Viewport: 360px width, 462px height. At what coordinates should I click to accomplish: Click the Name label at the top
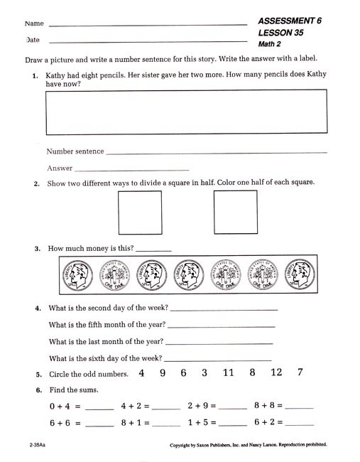[34, 24]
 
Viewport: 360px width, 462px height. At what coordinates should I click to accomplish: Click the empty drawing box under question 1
[187, 112]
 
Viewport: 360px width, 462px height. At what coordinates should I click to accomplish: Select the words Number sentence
[75, 151]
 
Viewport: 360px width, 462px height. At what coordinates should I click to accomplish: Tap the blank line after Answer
[131, 169]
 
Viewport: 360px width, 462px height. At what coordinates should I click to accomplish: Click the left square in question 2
[139, 213]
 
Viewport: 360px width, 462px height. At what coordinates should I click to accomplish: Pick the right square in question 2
[235, 213]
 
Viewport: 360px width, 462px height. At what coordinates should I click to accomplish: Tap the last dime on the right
[299, 274]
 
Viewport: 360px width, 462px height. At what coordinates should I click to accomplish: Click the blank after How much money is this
[153, 249]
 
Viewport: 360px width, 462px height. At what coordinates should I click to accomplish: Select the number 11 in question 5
[228, 372]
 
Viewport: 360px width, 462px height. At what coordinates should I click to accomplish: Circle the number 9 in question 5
[163, 372]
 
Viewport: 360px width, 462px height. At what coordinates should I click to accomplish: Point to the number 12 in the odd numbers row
[276, 372]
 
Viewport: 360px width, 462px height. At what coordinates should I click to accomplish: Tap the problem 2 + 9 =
[202, 406]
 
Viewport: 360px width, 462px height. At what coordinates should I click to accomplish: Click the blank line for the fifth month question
[220, 325]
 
